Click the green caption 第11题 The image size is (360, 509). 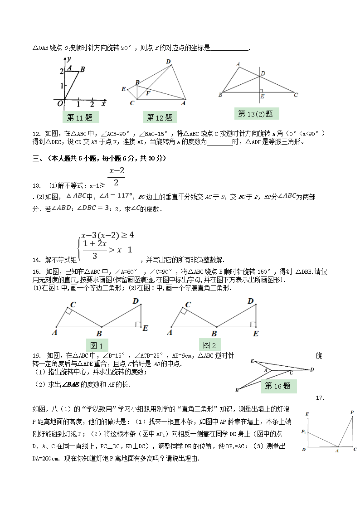tap(80, 118)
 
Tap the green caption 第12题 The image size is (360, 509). tap(160, 118)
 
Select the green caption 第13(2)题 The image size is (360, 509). tap(256, 114)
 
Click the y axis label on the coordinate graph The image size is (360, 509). tap(71, 59)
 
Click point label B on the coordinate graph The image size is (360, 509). tap(83, 69)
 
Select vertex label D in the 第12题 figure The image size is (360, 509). tap(168, 62)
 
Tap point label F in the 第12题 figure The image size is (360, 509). tap(148, 93)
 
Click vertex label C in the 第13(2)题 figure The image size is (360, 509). tap(296, 95)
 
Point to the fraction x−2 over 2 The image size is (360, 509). tap(117, 177)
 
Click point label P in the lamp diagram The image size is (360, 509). tap(352, 412)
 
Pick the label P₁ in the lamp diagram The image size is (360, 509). tap(304, 431)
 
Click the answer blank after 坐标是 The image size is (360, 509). tap(230, 48)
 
